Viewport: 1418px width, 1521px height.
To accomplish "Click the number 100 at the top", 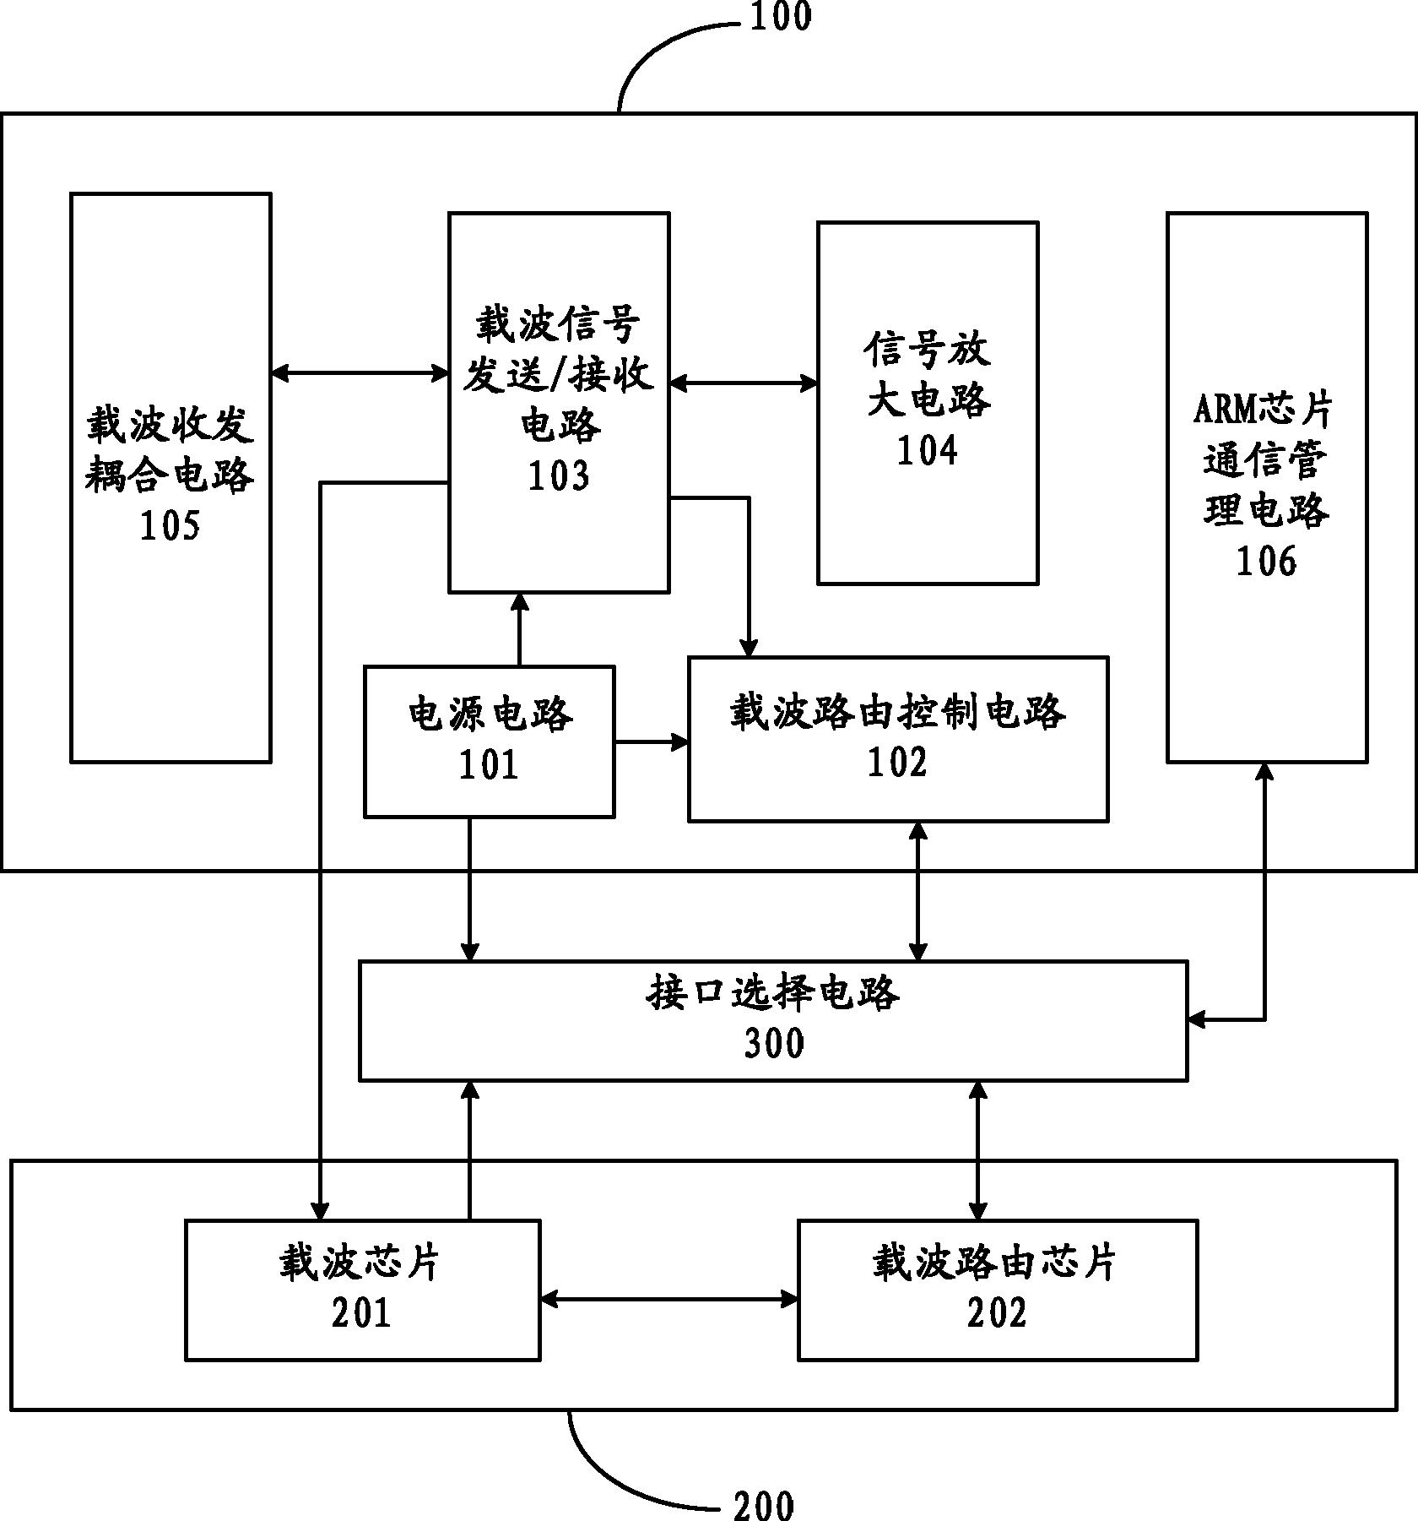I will click(x=780, y=17).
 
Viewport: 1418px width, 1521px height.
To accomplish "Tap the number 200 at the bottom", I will click(x=764, y=1506).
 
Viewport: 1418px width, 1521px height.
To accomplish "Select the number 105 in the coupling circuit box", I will click(x=170, y=526).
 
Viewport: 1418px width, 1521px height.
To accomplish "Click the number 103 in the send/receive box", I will click(x=558, y=476).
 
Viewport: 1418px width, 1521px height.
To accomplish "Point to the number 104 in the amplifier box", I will click(x=927, y=450).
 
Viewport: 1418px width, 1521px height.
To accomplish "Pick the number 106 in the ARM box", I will click(x=1266, y=561).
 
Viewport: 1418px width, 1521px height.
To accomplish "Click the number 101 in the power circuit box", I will click(x=488, y=765).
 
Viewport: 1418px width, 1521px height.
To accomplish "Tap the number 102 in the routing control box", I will click(x=897, y=762).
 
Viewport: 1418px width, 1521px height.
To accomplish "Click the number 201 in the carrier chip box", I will click(x=361, y=1313).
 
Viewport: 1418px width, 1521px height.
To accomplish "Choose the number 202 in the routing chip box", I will click(x=997, y=1313).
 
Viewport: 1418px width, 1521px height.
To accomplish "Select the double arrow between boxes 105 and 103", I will click(x=360, y=372).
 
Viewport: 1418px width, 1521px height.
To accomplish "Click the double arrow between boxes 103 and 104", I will click(x=744, y=383).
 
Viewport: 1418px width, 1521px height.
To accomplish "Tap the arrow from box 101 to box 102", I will click(x=651, y=742).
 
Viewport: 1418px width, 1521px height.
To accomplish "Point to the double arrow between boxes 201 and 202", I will click(x=668, y=1299).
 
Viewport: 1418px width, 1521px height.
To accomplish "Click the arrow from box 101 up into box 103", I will click(x=520, y=629).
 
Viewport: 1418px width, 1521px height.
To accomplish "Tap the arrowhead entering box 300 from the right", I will click(x=1197, y=1019).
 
